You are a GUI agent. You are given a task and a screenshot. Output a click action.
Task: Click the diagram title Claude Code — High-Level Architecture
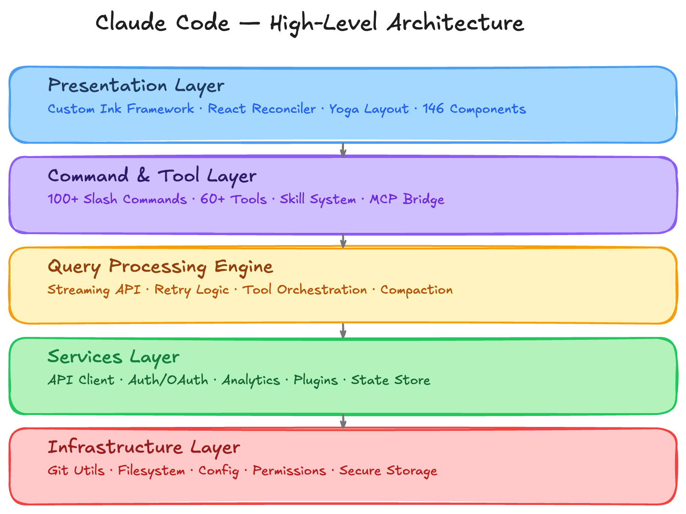(310, 23)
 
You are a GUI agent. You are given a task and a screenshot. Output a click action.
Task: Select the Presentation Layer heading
(136, 86)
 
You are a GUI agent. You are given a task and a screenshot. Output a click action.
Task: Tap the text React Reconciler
(262, 109)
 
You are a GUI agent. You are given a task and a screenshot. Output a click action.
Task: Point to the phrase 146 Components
(474, 109)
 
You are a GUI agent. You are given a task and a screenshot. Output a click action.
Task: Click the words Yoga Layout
(369, 109)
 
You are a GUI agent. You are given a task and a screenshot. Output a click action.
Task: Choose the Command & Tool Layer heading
(152, 176)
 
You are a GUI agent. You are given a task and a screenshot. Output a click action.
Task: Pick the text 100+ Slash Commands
(117, 199)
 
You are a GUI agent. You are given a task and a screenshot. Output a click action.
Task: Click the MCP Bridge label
(407, 199)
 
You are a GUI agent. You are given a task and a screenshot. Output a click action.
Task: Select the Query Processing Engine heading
(160, 267)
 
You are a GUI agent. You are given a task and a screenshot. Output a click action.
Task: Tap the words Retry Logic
(192, 290)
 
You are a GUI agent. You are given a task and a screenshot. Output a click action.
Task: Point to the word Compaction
(416, 290)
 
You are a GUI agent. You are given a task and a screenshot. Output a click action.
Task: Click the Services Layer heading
(113, 357)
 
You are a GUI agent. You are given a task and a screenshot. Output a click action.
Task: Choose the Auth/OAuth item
(168, 380)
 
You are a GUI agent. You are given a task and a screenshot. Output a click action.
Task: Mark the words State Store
(391, 380)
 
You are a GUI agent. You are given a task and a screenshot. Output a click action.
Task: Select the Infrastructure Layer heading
(143, 447)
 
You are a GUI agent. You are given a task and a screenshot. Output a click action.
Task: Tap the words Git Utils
(76, 471)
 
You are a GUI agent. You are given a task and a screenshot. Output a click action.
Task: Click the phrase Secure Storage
(388, 471)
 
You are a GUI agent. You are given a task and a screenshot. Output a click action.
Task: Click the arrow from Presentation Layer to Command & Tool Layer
(343, 150)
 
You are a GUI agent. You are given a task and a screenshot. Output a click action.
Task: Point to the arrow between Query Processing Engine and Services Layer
(343, 331)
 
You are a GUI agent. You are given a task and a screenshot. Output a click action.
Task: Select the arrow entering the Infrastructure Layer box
(343, 421)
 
